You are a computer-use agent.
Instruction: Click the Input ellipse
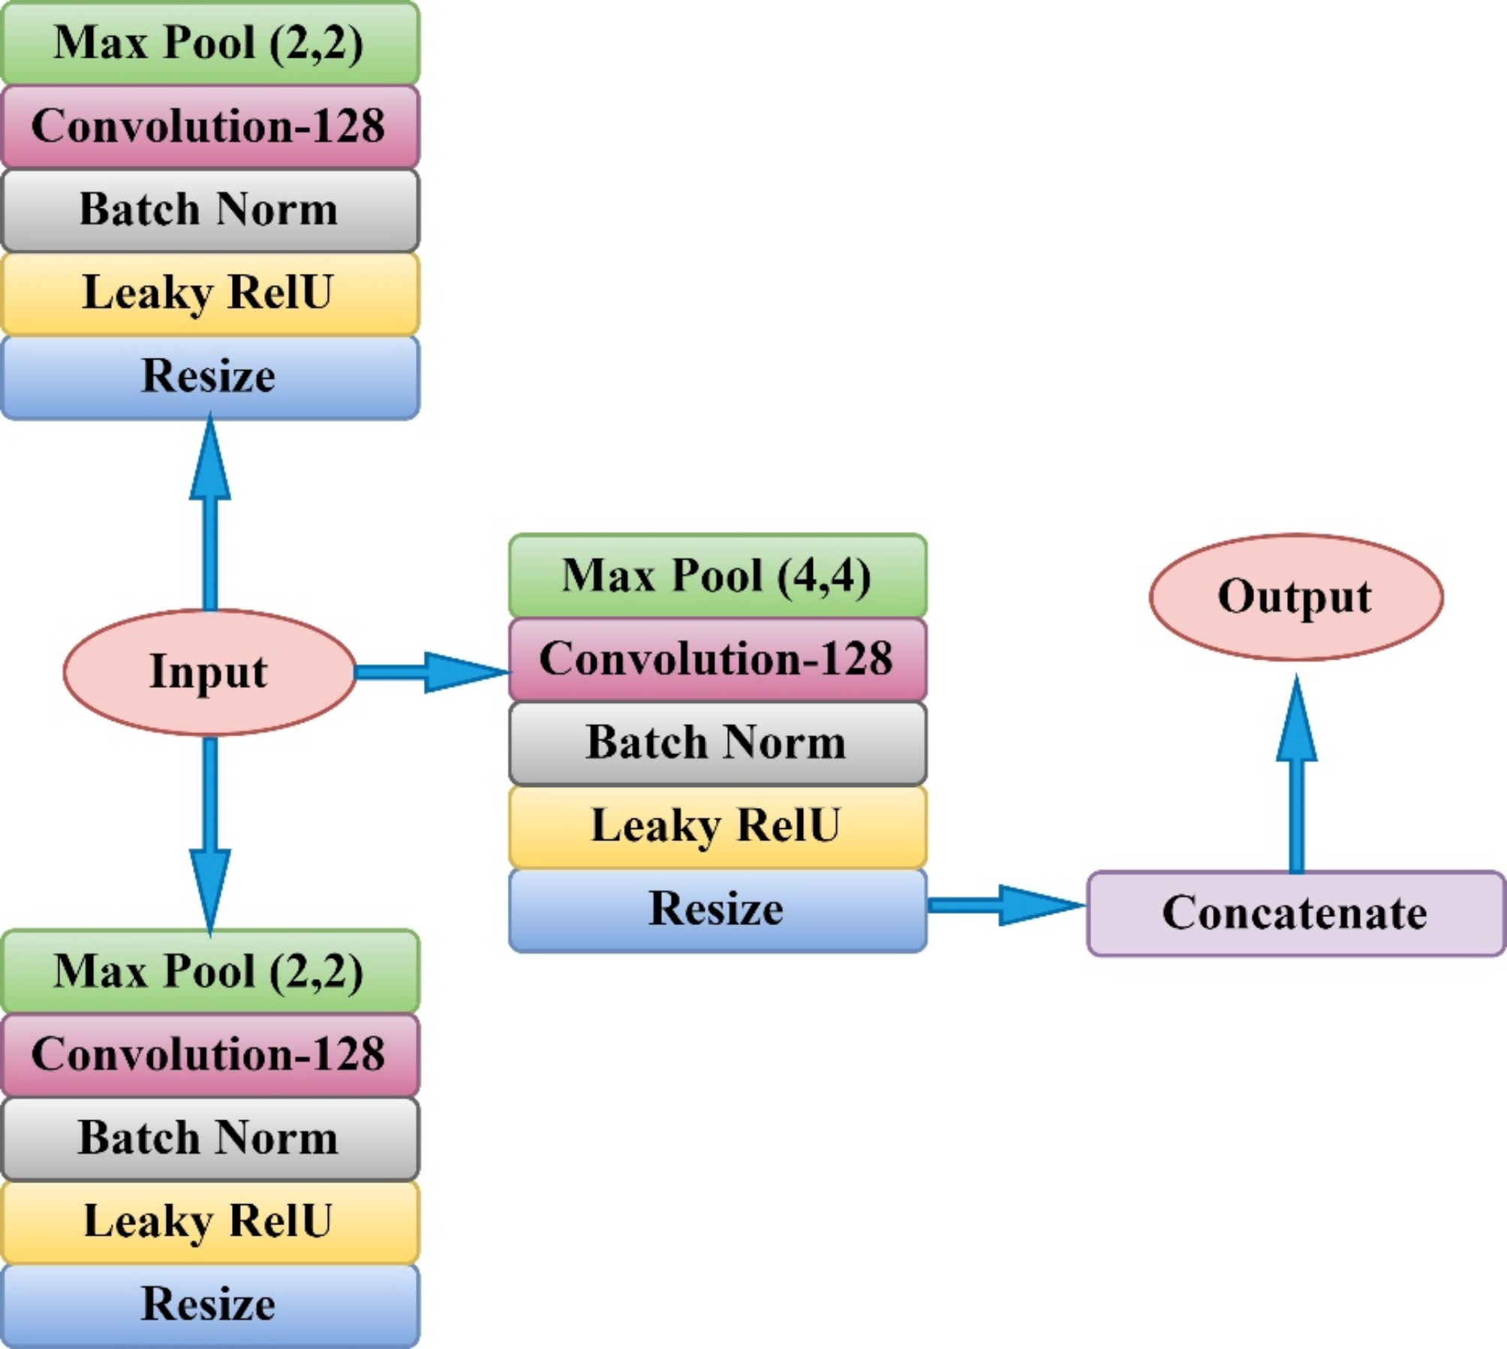click(209, 671)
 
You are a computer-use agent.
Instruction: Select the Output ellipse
click(1295, 597)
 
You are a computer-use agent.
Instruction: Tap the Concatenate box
click(1295, 913)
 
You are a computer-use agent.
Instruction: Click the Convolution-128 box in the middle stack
click(717, 659)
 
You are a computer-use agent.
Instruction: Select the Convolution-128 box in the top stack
click(209, 126)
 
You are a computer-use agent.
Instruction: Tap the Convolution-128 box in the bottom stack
click(209, 1055)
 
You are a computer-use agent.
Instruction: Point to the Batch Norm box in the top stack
click(209, 209)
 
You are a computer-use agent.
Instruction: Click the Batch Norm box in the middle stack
click(717, 743)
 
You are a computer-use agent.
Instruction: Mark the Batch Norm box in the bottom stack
click(209, 1138)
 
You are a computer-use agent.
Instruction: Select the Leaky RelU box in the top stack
click(209, 293)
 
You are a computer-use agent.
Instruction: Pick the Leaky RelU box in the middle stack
click(717, 826)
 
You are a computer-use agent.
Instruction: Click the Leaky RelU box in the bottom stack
click(209, 1221)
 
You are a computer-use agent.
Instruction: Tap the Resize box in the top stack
click(209, 377)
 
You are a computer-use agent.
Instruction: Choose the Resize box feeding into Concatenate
click(717, 909)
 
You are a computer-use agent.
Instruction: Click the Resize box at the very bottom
click(209, 1305)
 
